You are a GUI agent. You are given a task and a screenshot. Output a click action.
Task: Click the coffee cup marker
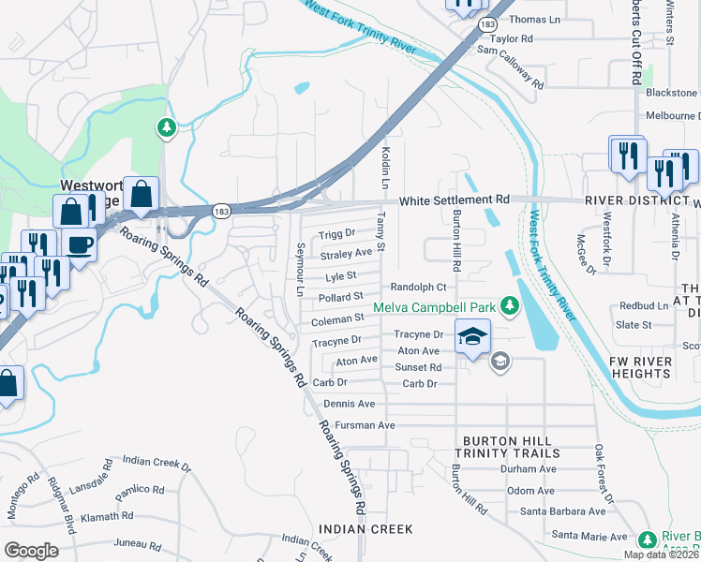[80, 245]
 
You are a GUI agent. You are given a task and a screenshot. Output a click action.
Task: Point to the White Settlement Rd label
[454, 200]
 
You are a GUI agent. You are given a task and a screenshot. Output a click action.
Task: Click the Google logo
[31, 551]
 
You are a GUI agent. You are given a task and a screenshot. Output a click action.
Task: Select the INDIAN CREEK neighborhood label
[365, 529]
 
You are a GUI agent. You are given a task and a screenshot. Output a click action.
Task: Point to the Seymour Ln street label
[301, 269]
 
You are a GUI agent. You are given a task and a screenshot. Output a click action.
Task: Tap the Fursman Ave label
[348, 425]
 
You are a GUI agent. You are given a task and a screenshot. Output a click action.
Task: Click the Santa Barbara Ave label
[563, 511]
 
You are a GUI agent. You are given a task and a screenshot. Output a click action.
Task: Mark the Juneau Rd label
[137, 544]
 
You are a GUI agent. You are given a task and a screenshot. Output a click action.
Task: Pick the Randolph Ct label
[418, 287]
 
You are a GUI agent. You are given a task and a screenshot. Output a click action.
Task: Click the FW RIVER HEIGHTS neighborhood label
[665, 368]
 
